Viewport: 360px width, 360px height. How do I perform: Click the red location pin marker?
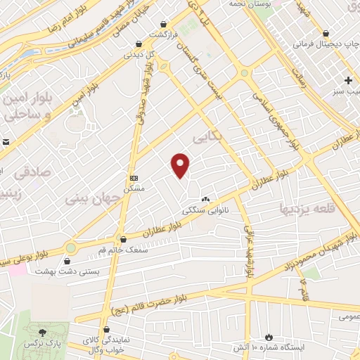coord(181,165)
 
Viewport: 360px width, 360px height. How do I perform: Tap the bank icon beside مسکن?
coord(134,178)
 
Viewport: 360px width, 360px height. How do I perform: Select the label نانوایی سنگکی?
coord(201,210)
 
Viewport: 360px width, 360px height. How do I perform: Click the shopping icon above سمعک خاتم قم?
coord(122,239)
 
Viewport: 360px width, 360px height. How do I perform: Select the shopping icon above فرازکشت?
coord(164,23)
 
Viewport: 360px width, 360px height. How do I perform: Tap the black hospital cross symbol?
coord(348,79)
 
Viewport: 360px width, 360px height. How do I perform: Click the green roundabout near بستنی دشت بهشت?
coord(71,247)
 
